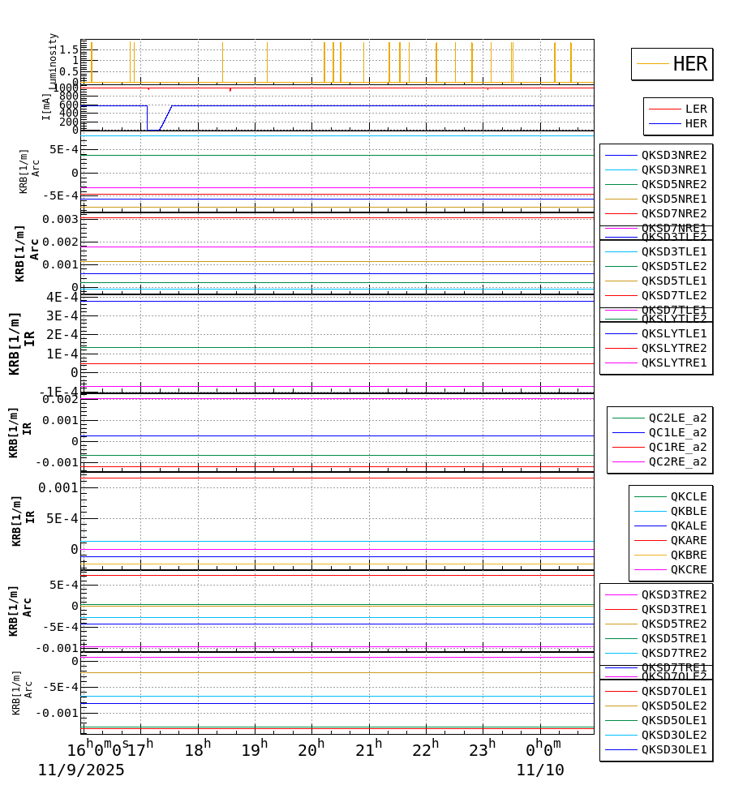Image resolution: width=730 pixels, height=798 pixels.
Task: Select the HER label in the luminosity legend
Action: coord(690,64)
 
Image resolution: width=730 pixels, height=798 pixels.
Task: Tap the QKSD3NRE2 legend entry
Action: coord(674,155)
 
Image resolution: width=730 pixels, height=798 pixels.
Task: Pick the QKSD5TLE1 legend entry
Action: coord(674,281)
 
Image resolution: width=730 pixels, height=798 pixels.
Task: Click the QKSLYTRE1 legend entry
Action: coord(674,363)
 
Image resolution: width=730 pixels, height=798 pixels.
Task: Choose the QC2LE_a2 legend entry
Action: coord(677,418)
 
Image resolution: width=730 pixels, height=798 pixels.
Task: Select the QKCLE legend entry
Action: coord(688,496)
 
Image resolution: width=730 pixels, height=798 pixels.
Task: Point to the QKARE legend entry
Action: coord(688,540)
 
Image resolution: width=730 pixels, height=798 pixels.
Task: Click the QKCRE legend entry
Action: coord(688,569)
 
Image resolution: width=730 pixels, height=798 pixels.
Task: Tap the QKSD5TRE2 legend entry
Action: coord(674,624)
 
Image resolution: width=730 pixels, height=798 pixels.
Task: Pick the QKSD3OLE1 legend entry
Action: coord(674,749)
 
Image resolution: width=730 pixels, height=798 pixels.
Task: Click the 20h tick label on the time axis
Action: coord(309,750)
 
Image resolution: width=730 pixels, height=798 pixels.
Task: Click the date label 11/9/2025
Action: coord(81,770)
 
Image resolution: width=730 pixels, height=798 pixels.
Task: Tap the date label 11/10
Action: coord(540,770)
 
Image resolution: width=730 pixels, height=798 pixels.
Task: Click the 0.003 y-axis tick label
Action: coord(61,219)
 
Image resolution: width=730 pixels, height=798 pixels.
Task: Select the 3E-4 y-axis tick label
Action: coord(62,315)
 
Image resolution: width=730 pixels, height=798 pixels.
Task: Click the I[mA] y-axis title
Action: coord(46,106)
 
